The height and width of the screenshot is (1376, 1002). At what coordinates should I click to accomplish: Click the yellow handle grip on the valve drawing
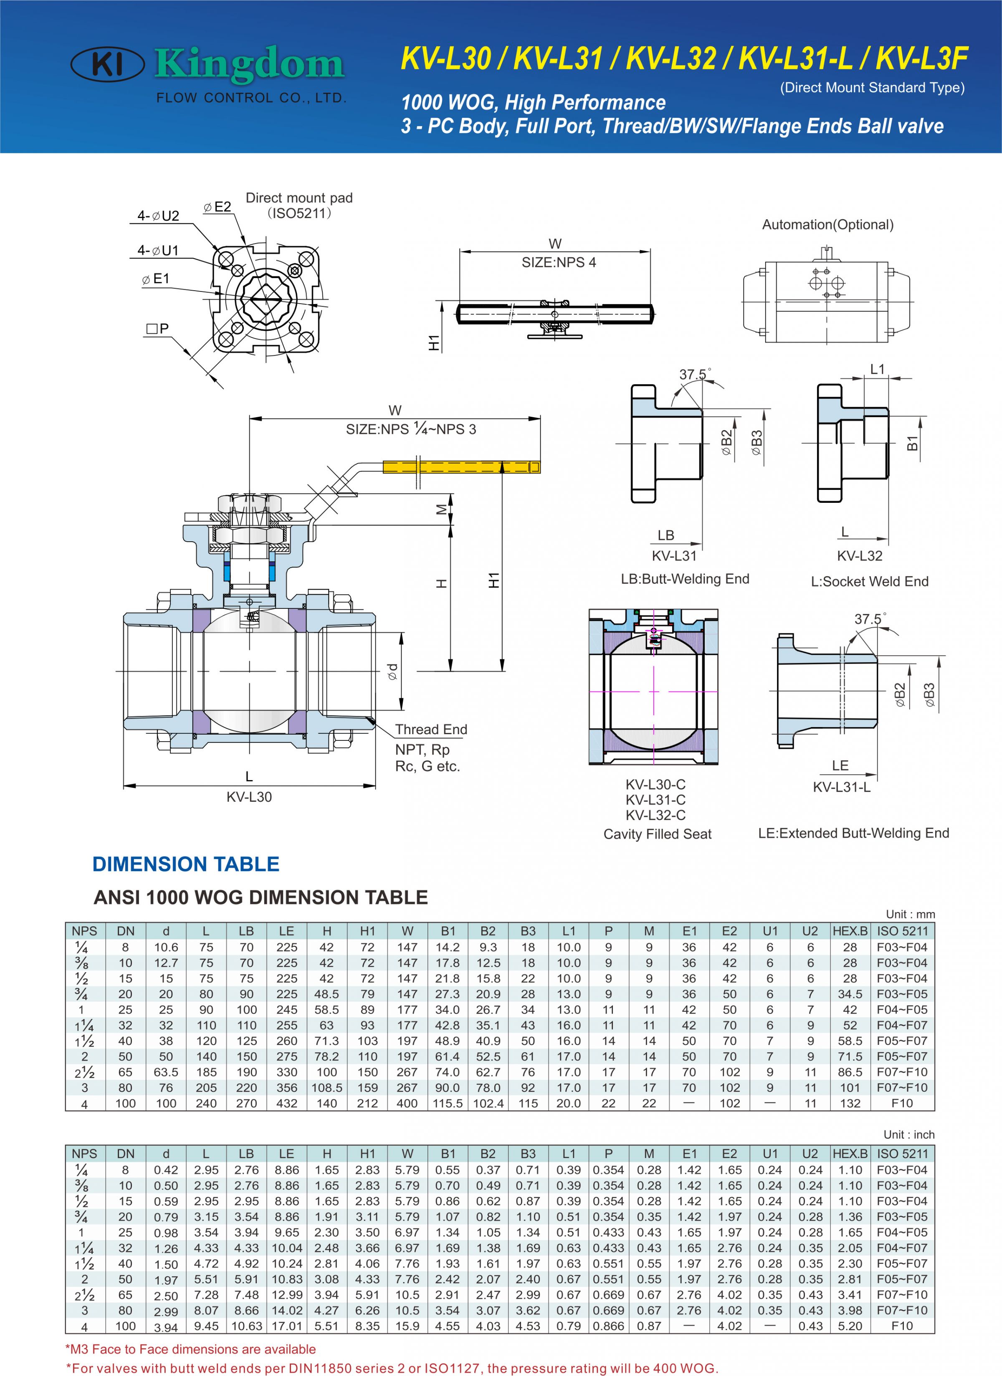(x=461, y=466)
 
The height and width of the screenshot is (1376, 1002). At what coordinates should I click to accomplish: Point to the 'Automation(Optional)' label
(x=827, y=225)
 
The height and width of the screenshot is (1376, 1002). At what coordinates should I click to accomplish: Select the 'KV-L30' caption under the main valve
(x=249, y=797)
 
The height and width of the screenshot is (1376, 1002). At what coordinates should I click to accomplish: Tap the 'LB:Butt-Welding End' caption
(x=685, y=579)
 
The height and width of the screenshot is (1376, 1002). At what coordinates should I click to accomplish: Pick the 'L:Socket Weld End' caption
(x=869, y=581)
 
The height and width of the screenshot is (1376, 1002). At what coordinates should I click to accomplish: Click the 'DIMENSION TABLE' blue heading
(x=186, y=864)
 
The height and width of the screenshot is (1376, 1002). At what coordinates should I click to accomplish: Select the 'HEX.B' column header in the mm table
(x=850, y=931)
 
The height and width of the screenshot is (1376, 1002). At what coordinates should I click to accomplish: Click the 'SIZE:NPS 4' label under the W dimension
(x=559, y=262)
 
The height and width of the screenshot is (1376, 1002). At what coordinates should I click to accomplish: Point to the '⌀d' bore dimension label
(x=393, y=671)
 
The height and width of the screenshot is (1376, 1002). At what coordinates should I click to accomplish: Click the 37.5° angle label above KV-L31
(x=694, y=374)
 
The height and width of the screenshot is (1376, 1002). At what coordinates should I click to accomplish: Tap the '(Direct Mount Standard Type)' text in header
(x=872, y=87)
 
